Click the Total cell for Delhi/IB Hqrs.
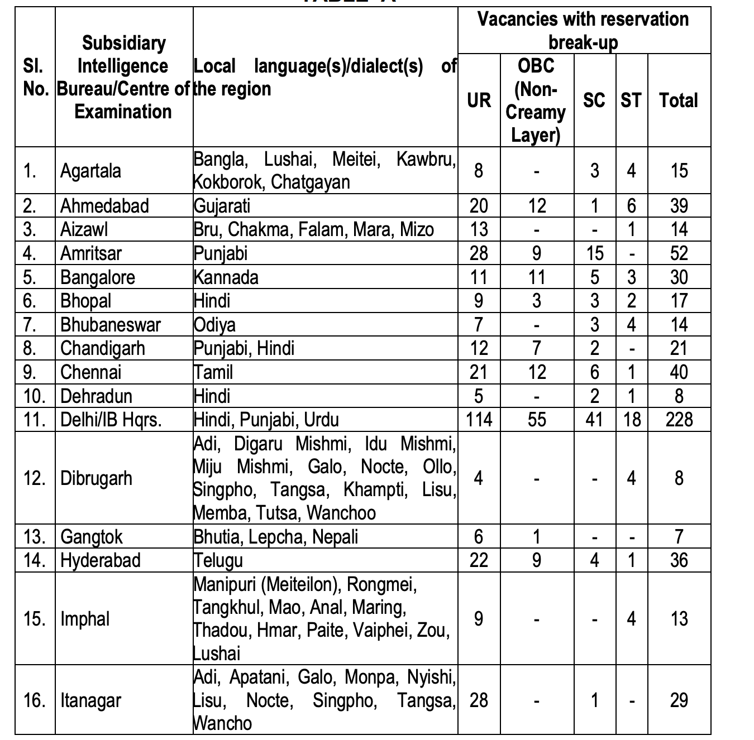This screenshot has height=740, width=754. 679,420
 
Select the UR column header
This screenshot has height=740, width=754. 479,100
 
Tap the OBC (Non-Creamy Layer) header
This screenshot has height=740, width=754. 536,100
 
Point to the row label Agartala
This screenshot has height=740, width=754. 90,171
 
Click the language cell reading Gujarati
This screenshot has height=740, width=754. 222,206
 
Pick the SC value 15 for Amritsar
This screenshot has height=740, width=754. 595,253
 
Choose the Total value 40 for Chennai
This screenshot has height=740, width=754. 679,372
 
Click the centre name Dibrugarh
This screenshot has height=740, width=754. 96,478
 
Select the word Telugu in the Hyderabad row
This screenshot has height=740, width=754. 218,560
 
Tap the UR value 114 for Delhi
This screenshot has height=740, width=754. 479,420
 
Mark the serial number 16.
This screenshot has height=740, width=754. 35,700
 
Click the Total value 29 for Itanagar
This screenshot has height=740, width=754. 679,700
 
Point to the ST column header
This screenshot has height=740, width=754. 631,100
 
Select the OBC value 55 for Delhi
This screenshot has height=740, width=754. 536,420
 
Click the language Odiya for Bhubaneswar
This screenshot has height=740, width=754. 214,325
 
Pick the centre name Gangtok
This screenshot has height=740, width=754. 91,537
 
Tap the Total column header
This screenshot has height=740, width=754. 679,100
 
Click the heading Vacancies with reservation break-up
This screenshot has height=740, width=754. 583,30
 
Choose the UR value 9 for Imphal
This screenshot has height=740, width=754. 479,619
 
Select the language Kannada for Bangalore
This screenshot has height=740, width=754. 226,277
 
